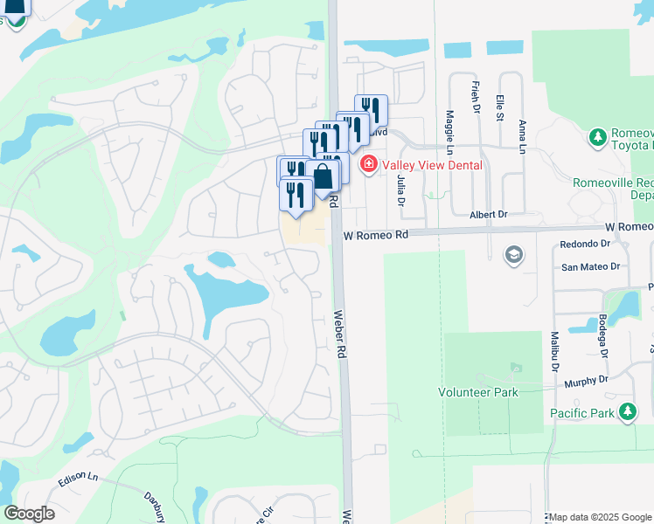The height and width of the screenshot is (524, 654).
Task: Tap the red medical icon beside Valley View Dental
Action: click(368, 163)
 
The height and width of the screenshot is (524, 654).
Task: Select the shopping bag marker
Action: click(323, 176)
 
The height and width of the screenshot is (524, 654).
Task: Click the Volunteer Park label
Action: click(478, 392)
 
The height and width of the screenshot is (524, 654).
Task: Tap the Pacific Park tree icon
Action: click(627, 411)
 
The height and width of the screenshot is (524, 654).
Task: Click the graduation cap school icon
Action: click(514, 255)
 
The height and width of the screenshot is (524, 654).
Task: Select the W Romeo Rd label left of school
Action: click(376, 235)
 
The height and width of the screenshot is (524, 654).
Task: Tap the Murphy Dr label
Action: click(586, 381)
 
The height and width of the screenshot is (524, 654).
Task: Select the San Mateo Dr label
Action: click(590, 267)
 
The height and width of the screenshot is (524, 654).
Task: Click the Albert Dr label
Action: click(488, 214)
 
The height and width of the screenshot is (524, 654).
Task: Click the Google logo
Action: click(29, 514)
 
